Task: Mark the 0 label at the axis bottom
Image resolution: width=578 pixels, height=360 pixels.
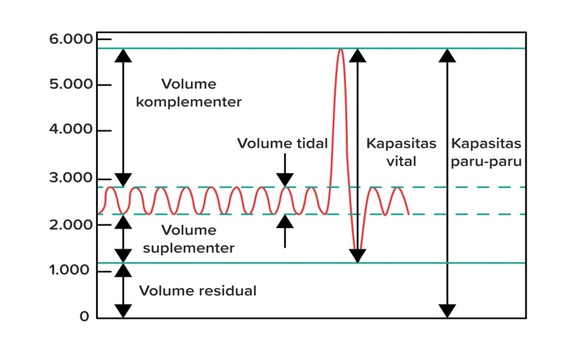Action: [x=84, y=316]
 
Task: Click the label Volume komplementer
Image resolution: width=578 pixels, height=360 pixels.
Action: [x=189, y=93]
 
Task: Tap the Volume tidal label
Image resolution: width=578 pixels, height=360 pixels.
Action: [x=282, y=143]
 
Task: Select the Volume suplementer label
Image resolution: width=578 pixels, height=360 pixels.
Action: [x=189, y=239]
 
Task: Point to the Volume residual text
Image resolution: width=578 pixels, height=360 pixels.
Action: [x=198, y=290]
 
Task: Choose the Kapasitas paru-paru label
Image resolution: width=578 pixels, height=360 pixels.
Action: [x=486, y=152]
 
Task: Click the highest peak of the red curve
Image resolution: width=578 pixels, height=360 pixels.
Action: [x=341, y=50]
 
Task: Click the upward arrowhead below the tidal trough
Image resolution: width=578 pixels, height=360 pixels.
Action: [x=285, y=222]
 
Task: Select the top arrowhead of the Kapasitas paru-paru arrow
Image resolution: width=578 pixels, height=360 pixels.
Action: [x=447, y=55]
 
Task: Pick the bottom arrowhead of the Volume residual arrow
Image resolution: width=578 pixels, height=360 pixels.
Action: [x=123, y=311]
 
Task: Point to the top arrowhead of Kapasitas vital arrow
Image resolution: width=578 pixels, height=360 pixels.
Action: [x=357, y=55]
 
